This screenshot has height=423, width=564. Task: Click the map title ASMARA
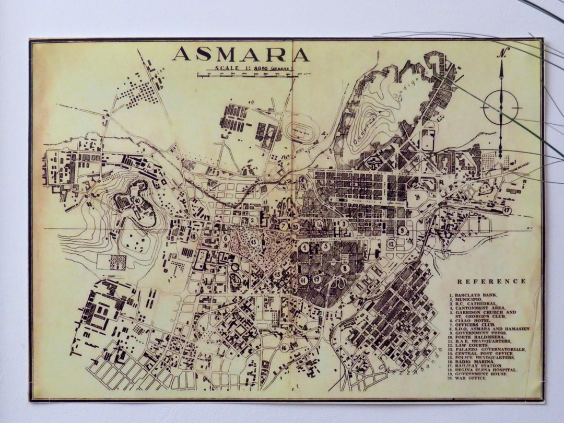[241, 54]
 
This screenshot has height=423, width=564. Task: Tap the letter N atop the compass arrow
[503, 53]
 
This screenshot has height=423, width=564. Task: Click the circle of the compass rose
[501, 108]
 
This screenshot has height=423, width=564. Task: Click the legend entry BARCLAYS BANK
[473, 296]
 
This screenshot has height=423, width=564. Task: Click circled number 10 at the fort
[137, 200]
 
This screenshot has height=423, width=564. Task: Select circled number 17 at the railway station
[507, 210]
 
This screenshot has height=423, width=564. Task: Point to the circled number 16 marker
[285, 347]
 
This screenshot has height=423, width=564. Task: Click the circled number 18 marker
[194, 237]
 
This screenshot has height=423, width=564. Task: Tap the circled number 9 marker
[402, 230]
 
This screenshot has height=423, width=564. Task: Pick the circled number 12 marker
[391, 243]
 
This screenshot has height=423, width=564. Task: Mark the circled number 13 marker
[254, 242]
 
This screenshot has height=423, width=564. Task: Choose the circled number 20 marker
[296, 227]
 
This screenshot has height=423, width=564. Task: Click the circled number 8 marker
[345, 268]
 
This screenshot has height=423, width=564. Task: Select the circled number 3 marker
[343, 224]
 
